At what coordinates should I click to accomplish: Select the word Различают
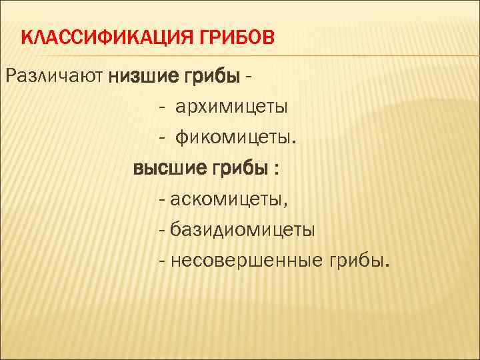click(55, 77)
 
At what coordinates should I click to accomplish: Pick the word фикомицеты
click(233, 139)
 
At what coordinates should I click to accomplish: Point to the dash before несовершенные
click(163, 260)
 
